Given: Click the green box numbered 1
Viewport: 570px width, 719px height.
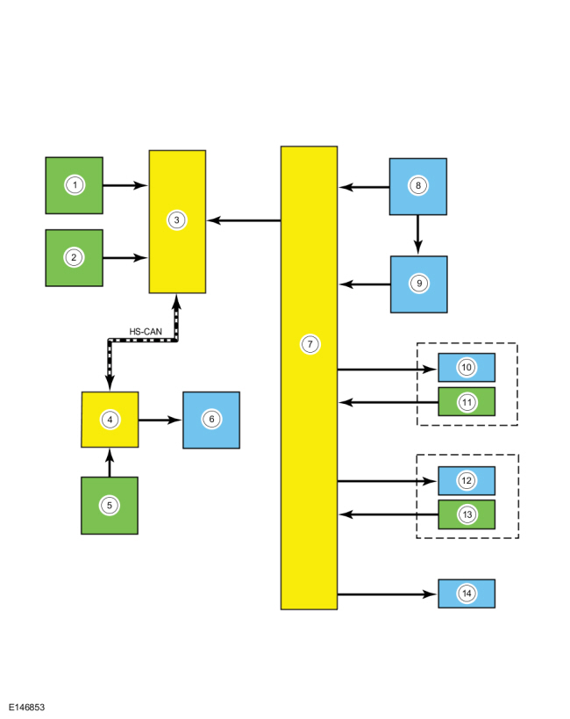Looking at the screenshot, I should coord(75,185).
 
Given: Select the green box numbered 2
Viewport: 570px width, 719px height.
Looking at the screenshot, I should coord(75,257).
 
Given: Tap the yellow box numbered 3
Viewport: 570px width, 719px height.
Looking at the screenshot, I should coord(177,220).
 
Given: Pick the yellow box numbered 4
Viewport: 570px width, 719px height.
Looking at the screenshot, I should coord(110,420).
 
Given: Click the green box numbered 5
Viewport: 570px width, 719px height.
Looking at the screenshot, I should coord(110,506).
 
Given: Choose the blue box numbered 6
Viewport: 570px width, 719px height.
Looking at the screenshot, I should coord(211,420).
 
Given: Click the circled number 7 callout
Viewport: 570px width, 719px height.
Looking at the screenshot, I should coord(309,344).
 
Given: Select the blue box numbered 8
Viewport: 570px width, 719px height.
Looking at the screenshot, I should coord(418,186).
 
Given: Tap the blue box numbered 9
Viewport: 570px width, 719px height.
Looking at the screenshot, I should coord(419,284).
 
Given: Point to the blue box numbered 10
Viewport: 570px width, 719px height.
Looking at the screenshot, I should coord(467,367).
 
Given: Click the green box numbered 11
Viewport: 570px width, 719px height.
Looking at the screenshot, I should coord(467,401).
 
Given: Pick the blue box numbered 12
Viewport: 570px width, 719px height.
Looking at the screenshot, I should coord(467,480).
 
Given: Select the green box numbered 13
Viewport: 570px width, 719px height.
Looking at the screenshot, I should coord(467,514).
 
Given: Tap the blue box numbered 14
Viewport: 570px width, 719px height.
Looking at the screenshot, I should coord(467,594).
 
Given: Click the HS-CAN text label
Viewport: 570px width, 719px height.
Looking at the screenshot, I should coord(145,331).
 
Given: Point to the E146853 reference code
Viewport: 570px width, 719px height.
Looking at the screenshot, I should coord(27,707).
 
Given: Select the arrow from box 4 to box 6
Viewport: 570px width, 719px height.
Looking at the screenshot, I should coord(160,420).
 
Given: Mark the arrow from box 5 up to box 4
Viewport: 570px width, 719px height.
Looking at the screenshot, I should coord(110,463).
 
